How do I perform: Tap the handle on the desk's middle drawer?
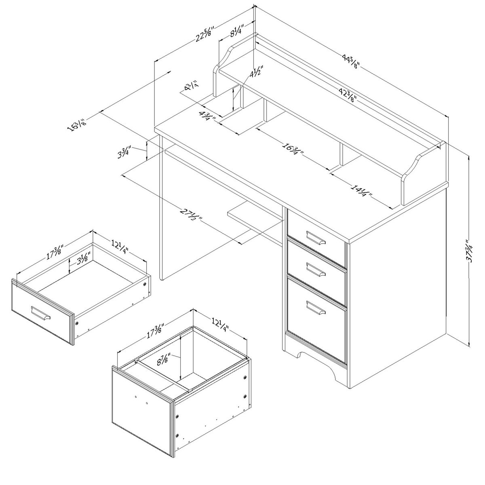(x=315, y=269)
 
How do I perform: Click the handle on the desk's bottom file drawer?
(x=315, y=307)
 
